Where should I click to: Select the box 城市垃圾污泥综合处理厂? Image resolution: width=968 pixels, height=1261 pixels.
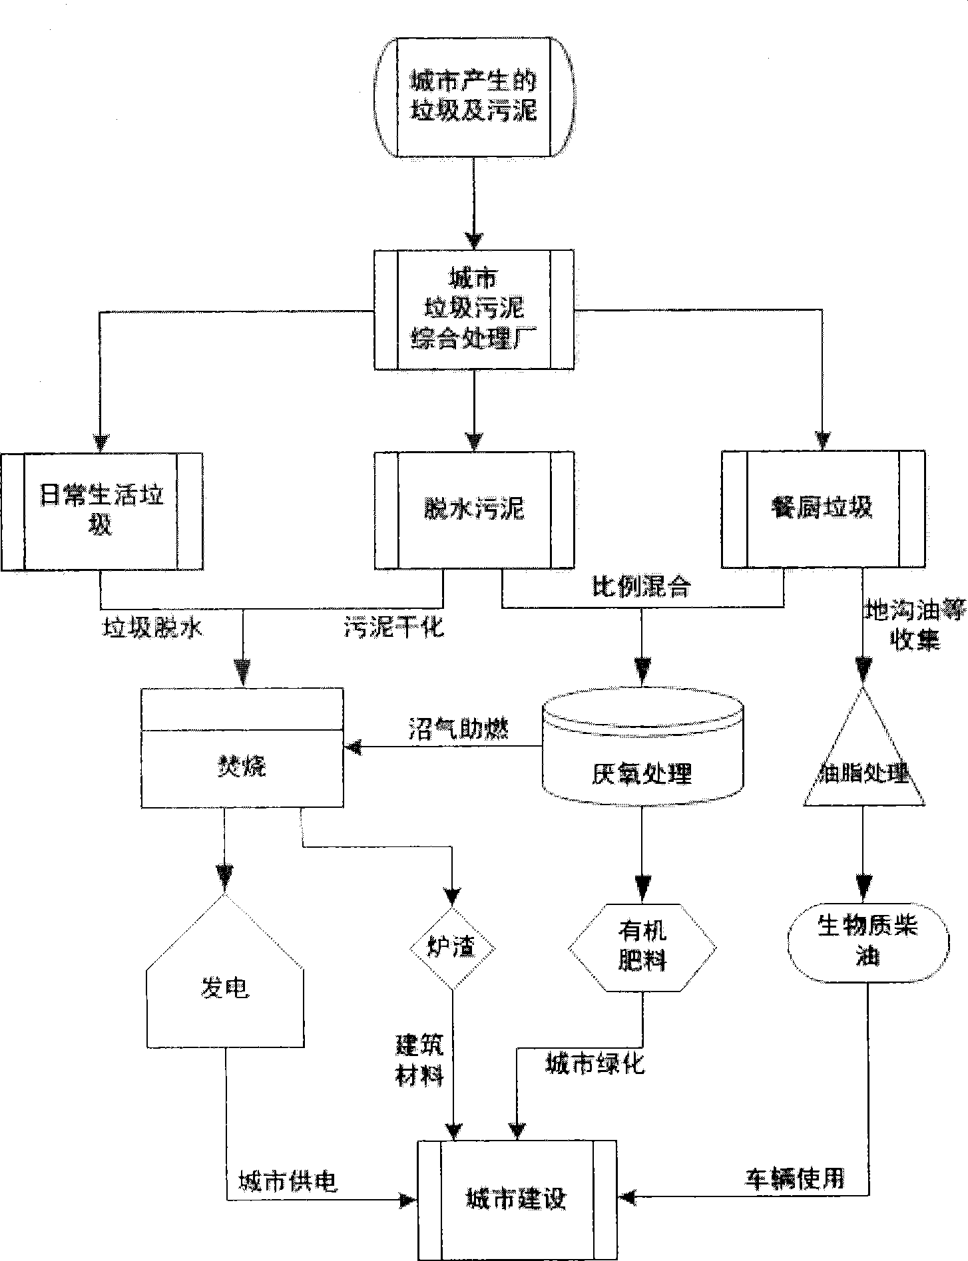pos(473,309)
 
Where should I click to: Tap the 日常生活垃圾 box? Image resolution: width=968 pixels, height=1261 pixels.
pos(101,511)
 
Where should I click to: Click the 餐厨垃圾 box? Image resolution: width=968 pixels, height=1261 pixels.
pos(823,509)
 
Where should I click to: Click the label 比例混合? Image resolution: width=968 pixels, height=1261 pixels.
pos(642,588)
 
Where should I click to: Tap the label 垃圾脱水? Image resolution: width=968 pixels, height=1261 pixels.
pos(151,628)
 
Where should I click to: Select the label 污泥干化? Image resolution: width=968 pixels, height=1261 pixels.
pos(393,628)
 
